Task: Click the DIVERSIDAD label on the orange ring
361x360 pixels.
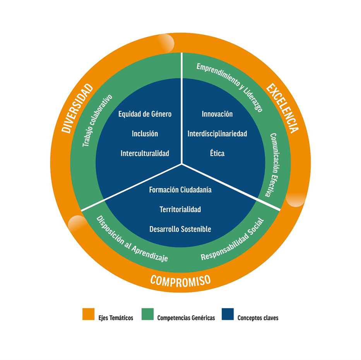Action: [x=78, y=109]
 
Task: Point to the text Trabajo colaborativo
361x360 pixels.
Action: [x=97, y=120]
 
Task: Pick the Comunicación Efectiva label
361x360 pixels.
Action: [x=275, y=165]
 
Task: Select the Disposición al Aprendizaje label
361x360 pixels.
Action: [x=132, y=239]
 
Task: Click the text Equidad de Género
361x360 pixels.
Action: [x=145, y=114]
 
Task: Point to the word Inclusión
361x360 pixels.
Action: [x=145, y=134]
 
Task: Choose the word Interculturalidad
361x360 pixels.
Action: [x=145, y=153]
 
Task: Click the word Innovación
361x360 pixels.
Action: [x=217, y=114]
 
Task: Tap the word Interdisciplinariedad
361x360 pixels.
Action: [x=217, y=134]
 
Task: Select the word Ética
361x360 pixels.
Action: [x=217, y=153]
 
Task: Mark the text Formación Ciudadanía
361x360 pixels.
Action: [x=180, y=190]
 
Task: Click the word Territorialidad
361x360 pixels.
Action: [x=180, y=209]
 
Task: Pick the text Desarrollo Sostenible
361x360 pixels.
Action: [x=180, y=229]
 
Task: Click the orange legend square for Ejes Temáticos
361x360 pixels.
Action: [x=89, y=314]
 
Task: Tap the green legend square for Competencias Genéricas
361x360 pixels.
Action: [x=147, y=314]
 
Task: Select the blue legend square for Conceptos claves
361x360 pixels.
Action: [x=228, y=314]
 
